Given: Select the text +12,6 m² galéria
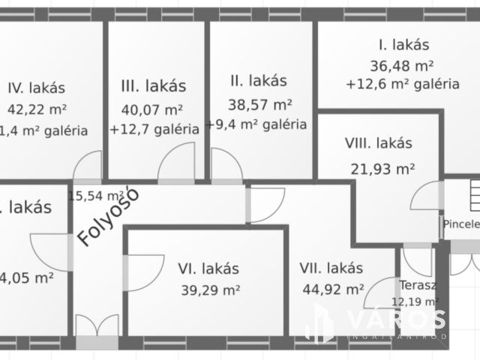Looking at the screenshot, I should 402,84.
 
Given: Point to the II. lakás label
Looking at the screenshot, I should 257,80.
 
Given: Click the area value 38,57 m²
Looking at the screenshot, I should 260,104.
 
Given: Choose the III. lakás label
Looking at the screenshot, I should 153,86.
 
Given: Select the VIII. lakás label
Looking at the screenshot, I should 379,142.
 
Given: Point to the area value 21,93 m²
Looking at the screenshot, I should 382,168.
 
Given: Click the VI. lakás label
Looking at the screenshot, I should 208,268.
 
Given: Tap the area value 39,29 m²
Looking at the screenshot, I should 210,289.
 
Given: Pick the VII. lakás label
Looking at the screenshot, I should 331,268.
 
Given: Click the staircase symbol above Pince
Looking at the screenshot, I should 472,196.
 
